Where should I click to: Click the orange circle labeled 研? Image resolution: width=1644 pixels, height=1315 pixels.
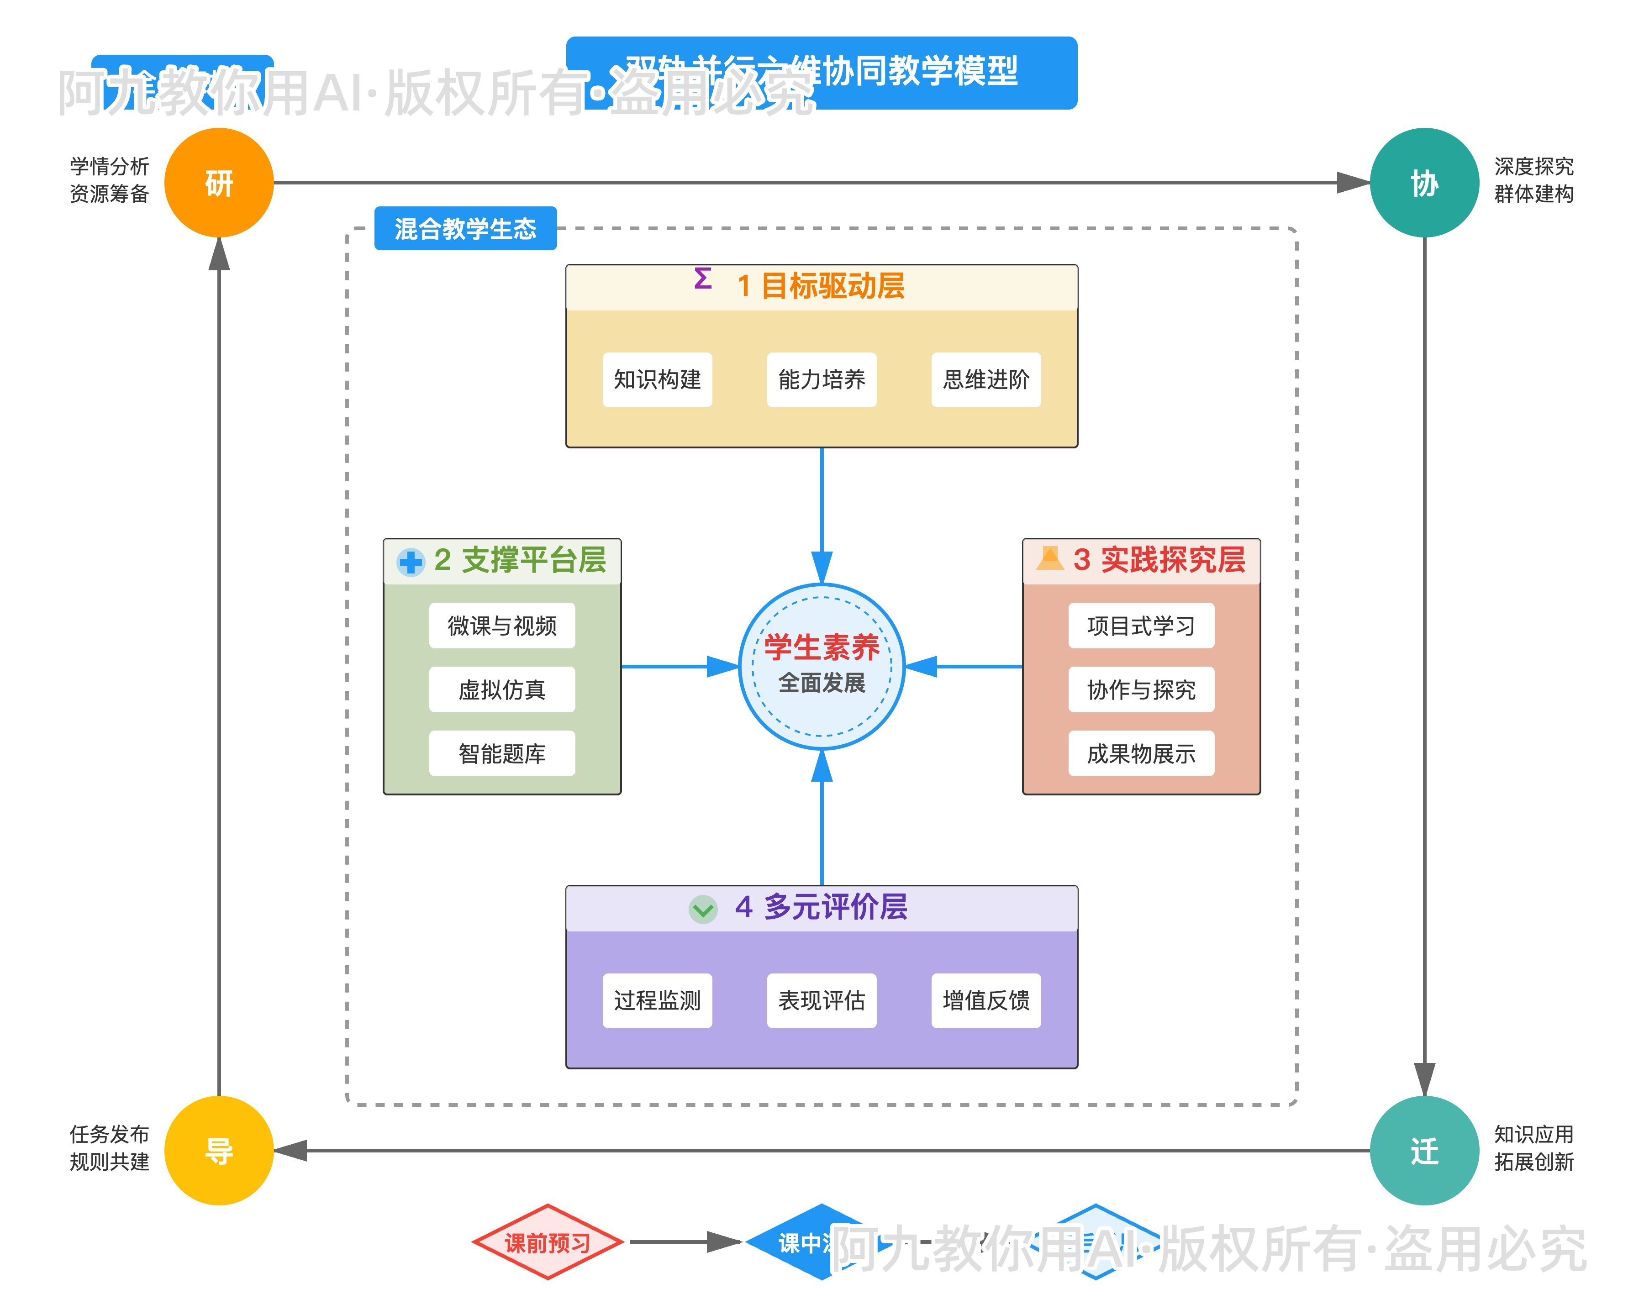(219, 183)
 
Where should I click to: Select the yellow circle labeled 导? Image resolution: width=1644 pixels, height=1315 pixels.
(219, 1150)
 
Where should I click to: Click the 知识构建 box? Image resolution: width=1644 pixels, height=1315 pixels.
(657, 379)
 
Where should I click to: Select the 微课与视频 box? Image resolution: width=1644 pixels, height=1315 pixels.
(502, 626)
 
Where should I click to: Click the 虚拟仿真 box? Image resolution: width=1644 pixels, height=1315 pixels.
(502, 690)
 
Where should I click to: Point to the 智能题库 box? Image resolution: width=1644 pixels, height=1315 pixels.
(502, 754)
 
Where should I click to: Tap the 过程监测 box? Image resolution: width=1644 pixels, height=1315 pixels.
(657, 1000)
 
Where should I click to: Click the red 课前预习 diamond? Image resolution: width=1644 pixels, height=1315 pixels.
(548, 1242)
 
